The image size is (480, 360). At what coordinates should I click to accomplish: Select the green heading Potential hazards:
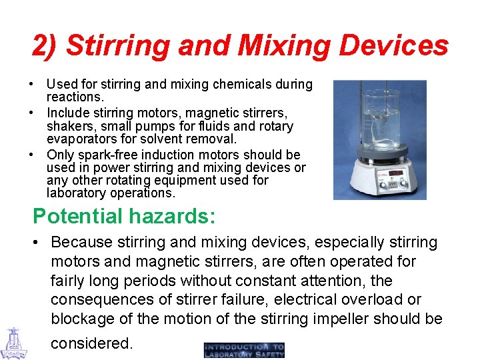[124, 216]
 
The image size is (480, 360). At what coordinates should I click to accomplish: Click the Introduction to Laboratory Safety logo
[244, 350]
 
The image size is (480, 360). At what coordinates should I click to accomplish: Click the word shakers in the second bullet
[67, 126]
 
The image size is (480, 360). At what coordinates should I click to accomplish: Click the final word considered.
[92, 343]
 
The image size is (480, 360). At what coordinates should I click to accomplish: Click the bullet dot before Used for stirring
[32, 85]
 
